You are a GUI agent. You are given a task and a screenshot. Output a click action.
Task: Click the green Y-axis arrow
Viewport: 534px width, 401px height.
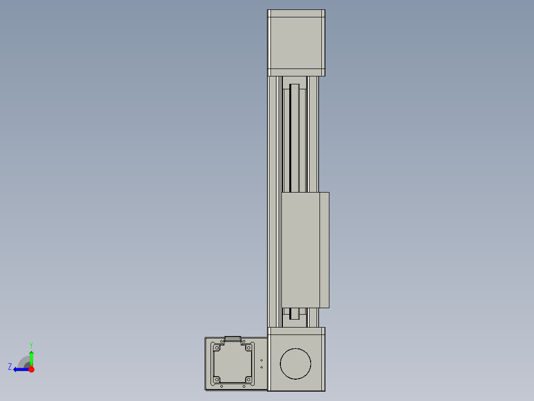tap(31, 357)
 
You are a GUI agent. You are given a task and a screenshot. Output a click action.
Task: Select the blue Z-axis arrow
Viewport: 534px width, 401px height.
tap(20, 369)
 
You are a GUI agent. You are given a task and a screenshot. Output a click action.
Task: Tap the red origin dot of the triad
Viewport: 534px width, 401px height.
tap(31, 369)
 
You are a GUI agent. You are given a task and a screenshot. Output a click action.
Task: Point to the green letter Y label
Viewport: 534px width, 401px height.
tap(31, 344)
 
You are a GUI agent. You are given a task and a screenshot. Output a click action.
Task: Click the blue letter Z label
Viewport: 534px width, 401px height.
tap(10, 367)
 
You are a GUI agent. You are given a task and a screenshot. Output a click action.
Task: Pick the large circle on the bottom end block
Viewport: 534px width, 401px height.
tap(296, 364)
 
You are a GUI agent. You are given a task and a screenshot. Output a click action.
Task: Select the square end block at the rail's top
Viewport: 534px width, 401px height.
tap(296, 42)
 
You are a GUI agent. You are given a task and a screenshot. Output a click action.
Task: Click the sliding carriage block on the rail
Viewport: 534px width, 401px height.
tap(300, 250)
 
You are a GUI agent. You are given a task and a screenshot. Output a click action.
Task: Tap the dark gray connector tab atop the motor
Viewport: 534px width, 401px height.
tap(233, 339)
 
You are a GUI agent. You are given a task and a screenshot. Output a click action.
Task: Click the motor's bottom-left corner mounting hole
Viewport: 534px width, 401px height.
tap(216, 380)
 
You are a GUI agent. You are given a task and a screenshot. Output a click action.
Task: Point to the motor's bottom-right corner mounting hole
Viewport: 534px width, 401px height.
tap(250, 380)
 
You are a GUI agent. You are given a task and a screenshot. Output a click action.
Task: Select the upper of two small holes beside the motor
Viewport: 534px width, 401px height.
tap(262, 360)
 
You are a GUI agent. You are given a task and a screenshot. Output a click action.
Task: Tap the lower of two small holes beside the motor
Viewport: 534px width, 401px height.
tap(262, 367)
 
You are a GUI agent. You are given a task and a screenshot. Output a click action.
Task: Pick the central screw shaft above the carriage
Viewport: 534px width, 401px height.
tap(295, 139)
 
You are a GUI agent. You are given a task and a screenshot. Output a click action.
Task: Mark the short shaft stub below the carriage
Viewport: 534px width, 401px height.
tap(295, 314)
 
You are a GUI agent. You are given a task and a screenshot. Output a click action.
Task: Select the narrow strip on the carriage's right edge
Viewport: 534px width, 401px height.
tap(324, 250)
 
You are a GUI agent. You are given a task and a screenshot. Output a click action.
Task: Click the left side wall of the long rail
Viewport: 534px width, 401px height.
tap(270, 199)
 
